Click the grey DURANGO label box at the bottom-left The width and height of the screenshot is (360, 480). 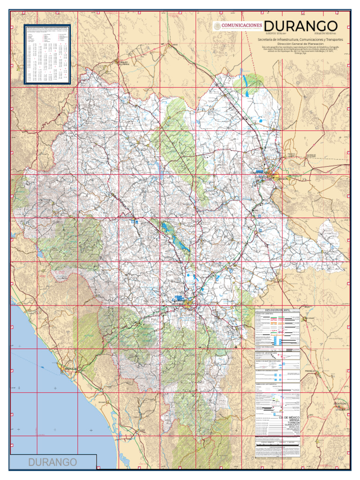pyautogui.click(x=53, y=462)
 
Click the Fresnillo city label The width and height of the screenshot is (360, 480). pyautogui.click(x=312, y=371)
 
